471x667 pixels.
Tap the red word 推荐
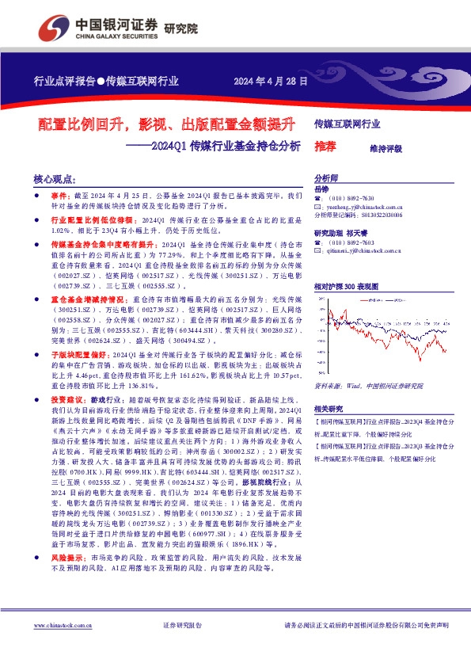[x=325, y=147]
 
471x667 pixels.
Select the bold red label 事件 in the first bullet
[x=60, y=195]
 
